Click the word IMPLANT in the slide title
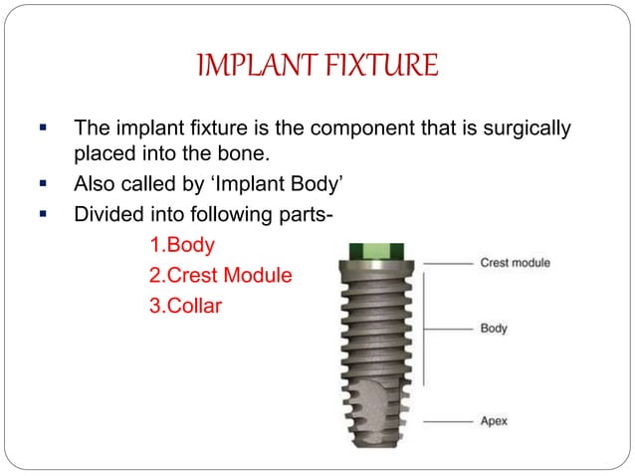coord(256,68)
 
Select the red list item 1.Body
coord(181,243)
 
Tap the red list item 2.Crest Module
coord(220,273)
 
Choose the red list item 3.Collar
coord(185,304)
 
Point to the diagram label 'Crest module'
coord(515,263)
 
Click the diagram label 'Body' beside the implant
coord(494,328)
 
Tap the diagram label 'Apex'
coord(494,421)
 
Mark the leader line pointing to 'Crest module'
coord(445,263)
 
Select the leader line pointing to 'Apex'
coord(445,421)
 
